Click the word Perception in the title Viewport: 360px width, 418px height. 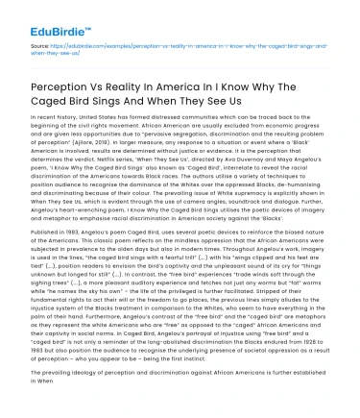click(x=64, y=83)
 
